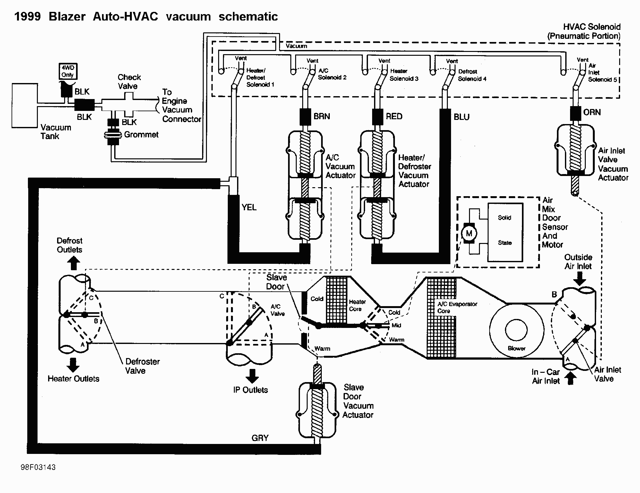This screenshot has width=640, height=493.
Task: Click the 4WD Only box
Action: [x=68, y=71]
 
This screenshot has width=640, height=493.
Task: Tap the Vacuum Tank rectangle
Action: [x=25, y=105]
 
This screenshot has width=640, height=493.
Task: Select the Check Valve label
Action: [x=129, y=82]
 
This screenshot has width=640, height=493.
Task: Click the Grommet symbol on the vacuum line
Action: [x=112, y=135]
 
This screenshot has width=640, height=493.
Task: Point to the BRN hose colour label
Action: [x=322, y=116]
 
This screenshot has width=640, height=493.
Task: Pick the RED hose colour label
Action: [x=394, y=116]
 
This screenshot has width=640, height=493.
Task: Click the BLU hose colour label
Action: [x=462, y=117]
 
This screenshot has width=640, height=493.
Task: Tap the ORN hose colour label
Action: [x=592, y=113]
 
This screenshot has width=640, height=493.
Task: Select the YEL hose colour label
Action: [x=249, y=207]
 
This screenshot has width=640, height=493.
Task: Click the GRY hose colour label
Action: [x=260, y=438]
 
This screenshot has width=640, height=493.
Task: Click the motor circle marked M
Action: [x=469, y=233]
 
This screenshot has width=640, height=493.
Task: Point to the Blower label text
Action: [x=516, y=348]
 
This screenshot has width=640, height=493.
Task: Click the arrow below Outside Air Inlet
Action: [x=579, y=278]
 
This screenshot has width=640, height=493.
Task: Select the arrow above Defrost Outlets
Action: [x=73, y=264]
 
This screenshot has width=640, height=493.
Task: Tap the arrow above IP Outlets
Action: [x=252, y=376]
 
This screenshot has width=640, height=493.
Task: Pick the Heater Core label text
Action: [x=356, y=305]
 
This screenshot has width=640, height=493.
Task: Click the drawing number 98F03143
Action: [x=38, y=467]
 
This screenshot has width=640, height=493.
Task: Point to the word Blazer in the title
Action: [x=67, y=17]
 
